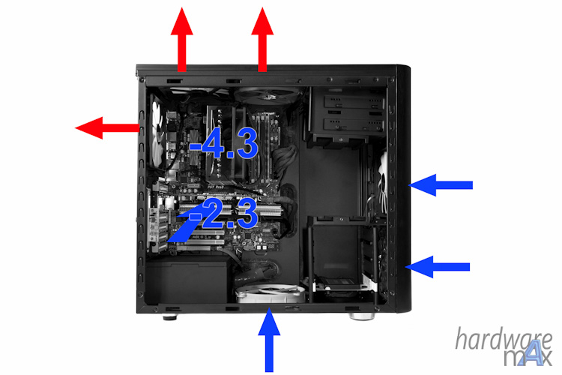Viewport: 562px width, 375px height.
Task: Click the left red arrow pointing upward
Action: [x=182, y=40]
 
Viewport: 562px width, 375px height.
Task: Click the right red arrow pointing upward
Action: [x=262, y=40]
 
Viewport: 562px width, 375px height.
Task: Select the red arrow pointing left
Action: [x=107, y=127]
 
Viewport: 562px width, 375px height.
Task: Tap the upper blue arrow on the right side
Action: [x=441, y=185]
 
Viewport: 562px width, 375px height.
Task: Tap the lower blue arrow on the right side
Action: [x=438, y=267]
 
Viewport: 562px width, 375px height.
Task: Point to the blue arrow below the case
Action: [x=269, y=341]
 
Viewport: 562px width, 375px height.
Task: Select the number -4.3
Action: [x=223, y=143]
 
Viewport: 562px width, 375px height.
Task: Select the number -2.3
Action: [x=223, y=214]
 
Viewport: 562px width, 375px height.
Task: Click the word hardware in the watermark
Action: [x=504, y=339]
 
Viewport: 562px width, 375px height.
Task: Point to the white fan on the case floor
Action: [x=270, y=293]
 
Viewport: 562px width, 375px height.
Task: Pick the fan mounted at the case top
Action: [x=267, y=95]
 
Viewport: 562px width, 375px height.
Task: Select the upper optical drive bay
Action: [x=353, y=103]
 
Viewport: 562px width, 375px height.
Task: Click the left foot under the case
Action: [x=170, y=316]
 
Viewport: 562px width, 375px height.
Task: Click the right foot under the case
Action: [x=362, y=316]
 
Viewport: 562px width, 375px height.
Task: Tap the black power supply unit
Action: [x=187, y=279]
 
